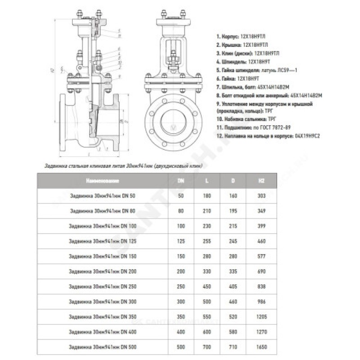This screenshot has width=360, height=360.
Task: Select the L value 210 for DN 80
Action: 207,211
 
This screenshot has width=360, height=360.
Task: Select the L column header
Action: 207,181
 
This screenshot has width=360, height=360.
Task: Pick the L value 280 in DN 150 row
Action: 207,256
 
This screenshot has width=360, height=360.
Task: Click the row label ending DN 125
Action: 103,241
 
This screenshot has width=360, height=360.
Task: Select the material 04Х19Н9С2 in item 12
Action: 305,135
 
